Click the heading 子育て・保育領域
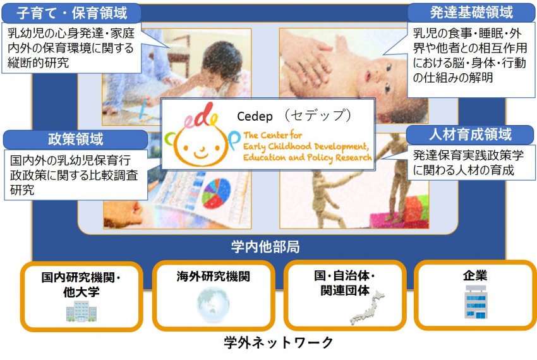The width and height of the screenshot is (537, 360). click(x=71, y=13)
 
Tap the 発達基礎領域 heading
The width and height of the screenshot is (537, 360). click(x=471, y=13)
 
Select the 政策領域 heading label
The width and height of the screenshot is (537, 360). click(x=75, y=139)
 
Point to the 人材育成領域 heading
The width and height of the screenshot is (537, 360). click(x=470, y=135)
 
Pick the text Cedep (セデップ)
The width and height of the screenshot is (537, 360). click(x=294, y=116)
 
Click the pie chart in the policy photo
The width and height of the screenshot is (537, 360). click(x=216, y=193)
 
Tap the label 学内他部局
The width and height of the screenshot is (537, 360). click(x=265, y=246)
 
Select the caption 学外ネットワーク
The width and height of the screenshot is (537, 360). click(x=279, y=342)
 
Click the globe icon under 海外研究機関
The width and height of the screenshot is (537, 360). click(x=213, y=305)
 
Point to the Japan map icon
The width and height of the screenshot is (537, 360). click(x=368, y=307)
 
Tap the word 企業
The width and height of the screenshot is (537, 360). click(x=474, y=275)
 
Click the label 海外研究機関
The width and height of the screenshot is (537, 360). click(x=214, y=276)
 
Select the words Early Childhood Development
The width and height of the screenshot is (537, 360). click(x=306, y=147)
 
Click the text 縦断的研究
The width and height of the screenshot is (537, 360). click(x=38, y=63)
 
